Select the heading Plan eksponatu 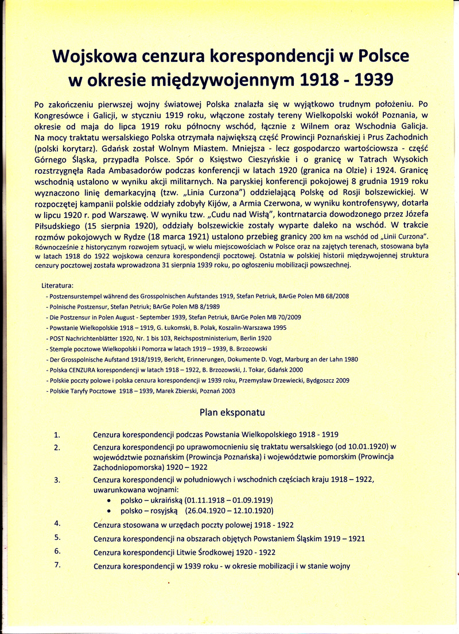click(232, 412)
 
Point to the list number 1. click(57, 434)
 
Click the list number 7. click(57, 565)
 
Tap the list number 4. click(57, 523)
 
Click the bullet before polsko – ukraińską click(109, 501)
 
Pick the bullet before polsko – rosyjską click(109, 511)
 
